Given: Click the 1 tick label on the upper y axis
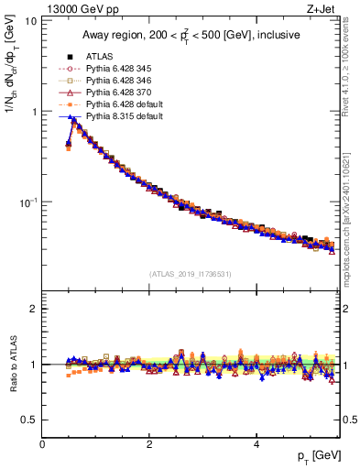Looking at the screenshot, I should (x=34, y=112).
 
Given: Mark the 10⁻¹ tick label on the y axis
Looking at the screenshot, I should (x=28, y=202).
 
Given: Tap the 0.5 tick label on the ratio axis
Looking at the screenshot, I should (x=29, y=420).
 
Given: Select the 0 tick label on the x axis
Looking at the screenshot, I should (x=42, y=442).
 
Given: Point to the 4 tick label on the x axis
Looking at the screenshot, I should (x=256, y=442).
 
